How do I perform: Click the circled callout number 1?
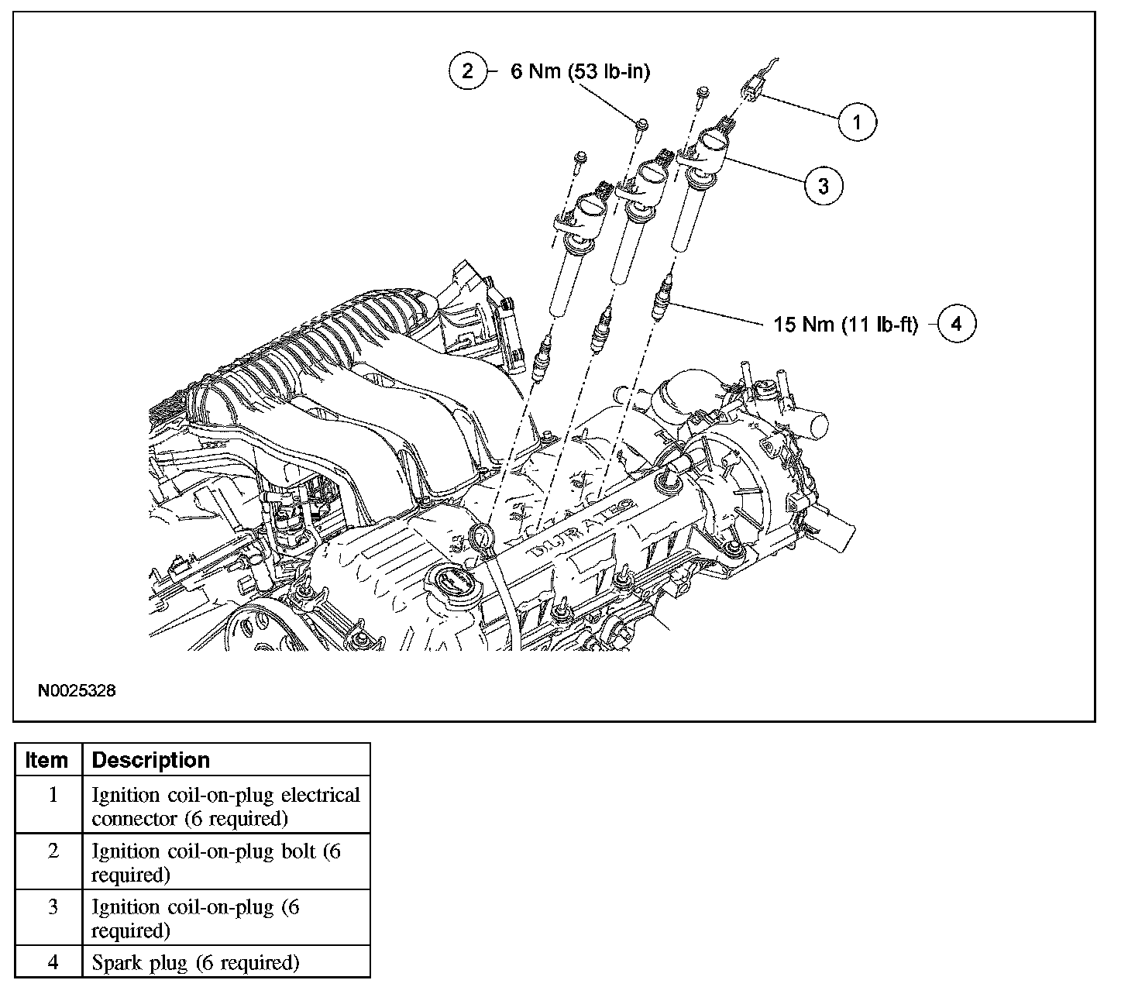856,122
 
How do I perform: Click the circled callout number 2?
467,71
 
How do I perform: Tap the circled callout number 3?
823,185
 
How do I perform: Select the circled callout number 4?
956,323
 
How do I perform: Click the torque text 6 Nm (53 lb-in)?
579,72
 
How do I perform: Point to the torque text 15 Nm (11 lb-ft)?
845,324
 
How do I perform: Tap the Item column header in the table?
46,760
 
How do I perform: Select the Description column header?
150,760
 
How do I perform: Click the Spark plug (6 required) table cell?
194,963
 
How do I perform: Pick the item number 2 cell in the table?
53,851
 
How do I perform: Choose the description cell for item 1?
225,806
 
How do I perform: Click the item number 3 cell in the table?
53,907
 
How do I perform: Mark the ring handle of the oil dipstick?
481,536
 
